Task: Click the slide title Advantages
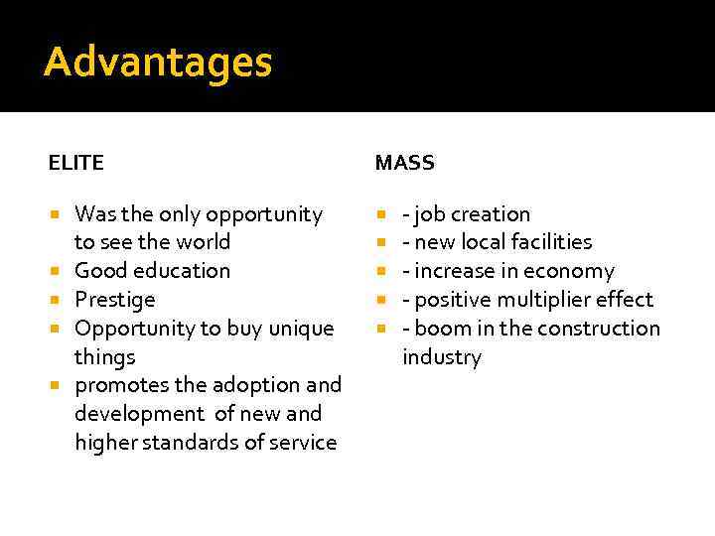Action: (157, 63)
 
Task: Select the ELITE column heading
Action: (75, 163)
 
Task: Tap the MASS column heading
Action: (404, 163)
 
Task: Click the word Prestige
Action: (114, 299)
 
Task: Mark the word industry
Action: (441, 356)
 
